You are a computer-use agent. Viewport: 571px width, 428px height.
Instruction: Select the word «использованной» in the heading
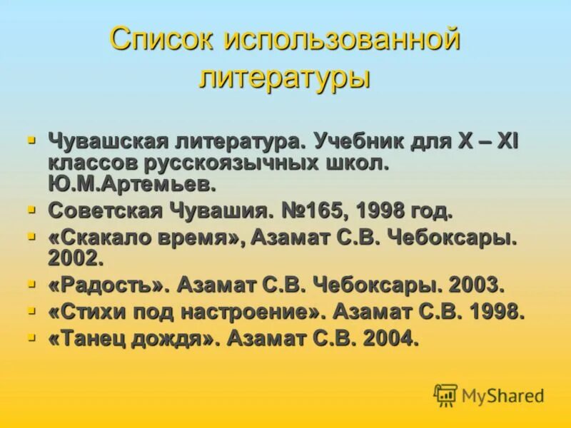point(343,41)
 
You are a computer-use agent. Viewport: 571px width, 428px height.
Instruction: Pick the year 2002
point(76,258)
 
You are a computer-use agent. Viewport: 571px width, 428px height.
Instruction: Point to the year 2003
point(476,285)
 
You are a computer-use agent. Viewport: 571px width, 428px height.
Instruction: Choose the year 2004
point(390,338)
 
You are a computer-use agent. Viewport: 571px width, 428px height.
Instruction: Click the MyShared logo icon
point(445,395)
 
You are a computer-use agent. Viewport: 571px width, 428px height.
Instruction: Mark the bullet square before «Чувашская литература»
point(31,140)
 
